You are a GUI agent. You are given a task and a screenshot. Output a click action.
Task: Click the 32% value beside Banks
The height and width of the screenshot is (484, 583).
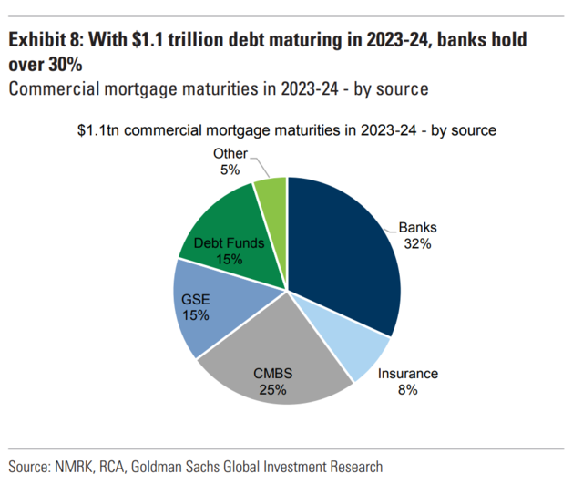point(417,245)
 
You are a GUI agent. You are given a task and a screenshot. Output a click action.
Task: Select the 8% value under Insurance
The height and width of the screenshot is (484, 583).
point(407,390)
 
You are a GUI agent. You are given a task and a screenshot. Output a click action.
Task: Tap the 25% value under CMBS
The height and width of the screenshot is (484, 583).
point(271,390)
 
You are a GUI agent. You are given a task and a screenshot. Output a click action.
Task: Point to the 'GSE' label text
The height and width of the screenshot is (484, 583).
point(195,299)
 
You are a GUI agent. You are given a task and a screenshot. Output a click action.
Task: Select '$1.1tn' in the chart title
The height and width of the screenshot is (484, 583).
point(99,129)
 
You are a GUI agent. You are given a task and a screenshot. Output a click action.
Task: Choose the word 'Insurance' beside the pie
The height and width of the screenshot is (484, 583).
point(407,374)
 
